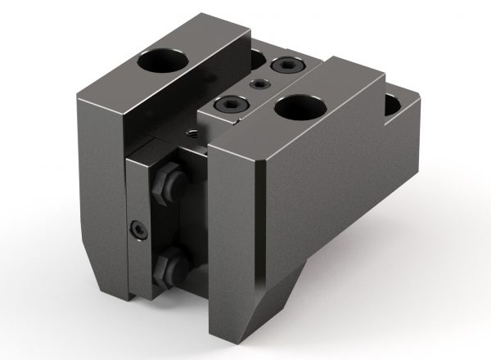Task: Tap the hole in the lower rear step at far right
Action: click(x=394, y=105)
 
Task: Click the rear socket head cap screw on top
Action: click(x=286, y=68)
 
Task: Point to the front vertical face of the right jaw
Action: click(x=234, y=245)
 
